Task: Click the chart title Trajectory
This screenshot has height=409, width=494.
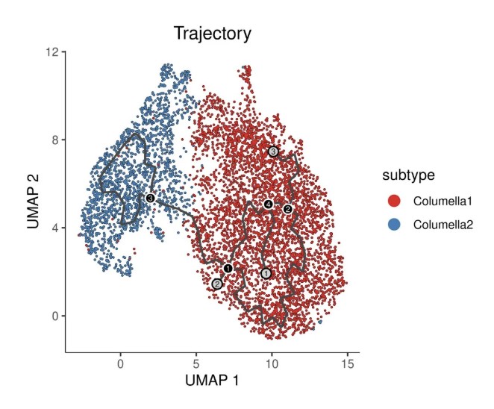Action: pos(212,34)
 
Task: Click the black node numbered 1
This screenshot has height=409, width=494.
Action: pos(228,268)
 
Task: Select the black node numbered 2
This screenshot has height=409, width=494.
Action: pos(287,209)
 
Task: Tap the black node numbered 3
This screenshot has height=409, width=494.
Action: pos(150,198)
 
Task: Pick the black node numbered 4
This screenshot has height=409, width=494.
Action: pos(268,204)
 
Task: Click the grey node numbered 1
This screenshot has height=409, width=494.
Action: pos(266,273)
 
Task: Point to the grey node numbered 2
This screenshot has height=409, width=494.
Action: pos(216,284)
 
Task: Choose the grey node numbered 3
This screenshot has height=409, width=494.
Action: pos(273,152)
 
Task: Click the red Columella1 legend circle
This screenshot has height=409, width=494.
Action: pos(395,200)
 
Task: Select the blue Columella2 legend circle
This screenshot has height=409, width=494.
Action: pos(395,223)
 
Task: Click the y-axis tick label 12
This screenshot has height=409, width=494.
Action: pos(51,51)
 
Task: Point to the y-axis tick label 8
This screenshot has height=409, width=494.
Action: pos(54,140)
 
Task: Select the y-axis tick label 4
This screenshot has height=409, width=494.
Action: pos(54,228)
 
